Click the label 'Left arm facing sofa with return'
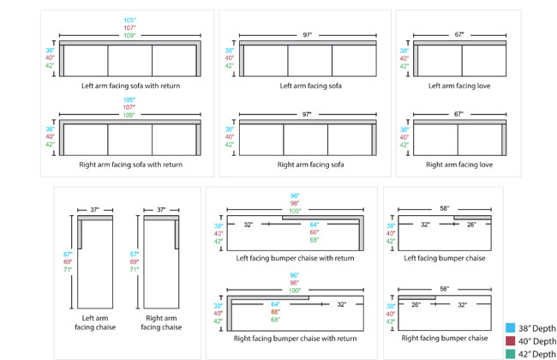point(131,86)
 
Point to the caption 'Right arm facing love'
point(459,164)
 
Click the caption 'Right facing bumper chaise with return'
point(294,338)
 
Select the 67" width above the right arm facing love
point(459,113)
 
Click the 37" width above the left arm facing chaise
point(94,208)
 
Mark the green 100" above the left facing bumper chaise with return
point(295,211)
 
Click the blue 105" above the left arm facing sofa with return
point(130,18)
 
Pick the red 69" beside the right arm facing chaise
point(134,261)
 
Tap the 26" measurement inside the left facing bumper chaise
point(471,225)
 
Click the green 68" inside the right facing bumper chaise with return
point(276,319)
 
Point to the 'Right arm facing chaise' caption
point(160,321)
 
